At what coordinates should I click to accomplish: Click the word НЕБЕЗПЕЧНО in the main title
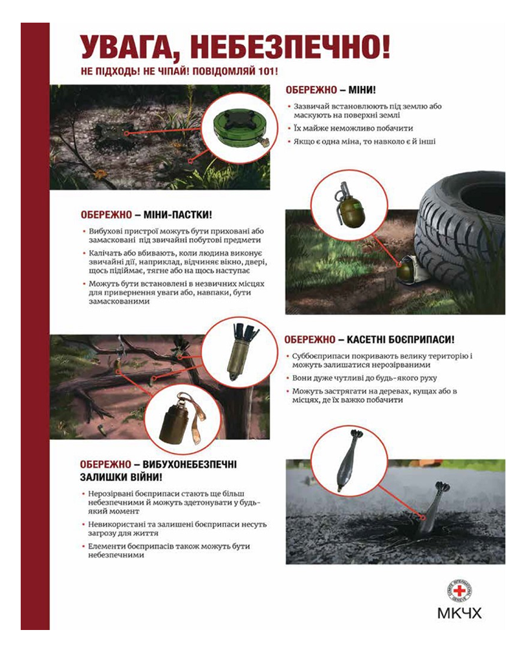[x=292, y=47]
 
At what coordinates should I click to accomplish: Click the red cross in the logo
[x=459, y=591]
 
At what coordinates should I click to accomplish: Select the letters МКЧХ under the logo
[x=459, y=613]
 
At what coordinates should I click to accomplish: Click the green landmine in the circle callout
[x=240, y=127]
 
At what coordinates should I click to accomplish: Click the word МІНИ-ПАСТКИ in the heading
[x=177, y=215]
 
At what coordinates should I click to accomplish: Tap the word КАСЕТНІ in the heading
[x=365, y=340]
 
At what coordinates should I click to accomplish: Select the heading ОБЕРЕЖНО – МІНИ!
[x=331, y=90]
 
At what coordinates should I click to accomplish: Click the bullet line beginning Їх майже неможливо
[x=353, y=128]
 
